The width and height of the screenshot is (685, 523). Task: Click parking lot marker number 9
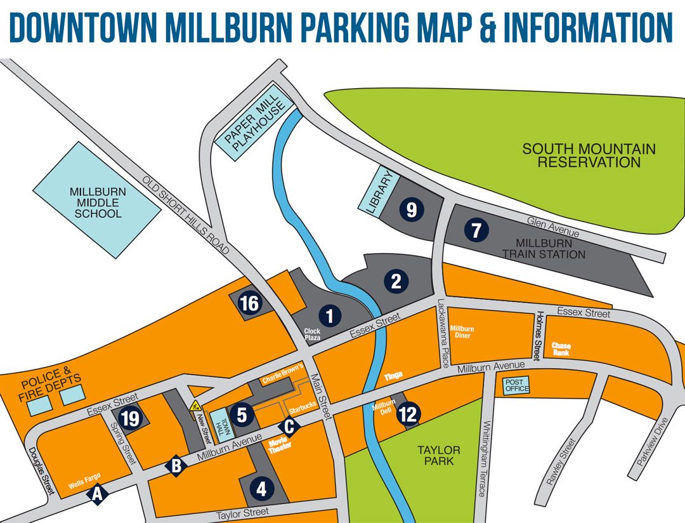click(412, 209)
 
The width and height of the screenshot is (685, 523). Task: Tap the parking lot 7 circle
click(476, 230)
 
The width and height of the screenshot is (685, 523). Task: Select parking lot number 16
click(249, 304)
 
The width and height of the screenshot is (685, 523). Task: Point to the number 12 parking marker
click(408, 415)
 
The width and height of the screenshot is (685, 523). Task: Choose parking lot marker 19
click(131, 419)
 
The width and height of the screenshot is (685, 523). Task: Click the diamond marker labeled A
click(97, 493)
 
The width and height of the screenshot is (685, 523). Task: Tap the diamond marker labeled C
click(289, 427)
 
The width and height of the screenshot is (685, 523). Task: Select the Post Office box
click(516, 385)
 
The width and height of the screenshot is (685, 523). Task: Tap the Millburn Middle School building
click(97, 201)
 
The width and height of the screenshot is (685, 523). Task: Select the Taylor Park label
click(438, 455)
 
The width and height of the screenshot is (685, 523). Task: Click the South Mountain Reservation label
click(589, 156)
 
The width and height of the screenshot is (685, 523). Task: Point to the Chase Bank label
click(561, 349)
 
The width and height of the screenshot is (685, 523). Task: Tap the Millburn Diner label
click(460, 332)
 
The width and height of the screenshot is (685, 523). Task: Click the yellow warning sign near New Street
click(196, 404)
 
